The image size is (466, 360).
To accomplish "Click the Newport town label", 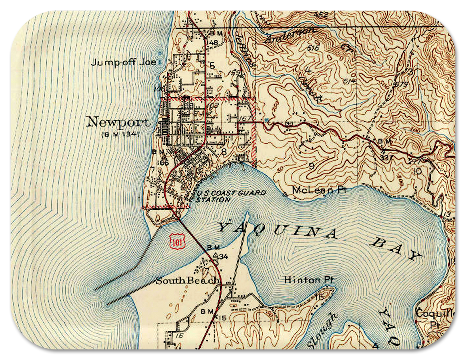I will click(x=118, y=122).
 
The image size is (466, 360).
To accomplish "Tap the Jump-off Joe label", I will click(x=123, y=62).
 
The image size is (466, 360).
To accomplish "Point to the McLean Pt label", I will click(x=319, y=190).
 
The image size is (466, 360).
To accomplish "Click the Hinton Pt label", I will click(x=308, y=280).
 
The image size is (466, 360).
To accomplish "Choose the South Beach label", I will click(x=187, y=281).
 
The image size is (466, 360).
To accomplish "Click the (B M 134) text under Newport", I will click(x=120, y=134).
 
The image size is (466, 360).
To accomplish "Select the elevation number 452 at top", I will click(x=321, y=15).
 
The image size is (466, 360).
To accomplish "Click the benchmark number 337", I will click(x=386, y=158).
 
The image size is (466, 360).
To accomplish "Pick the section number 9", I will click(x=312, y=166).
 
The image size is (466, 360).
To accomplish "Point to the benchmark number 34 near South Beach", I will click(x=223, y=256).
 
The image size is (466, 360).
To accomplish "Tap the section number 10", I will click(x=417, y=171).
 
